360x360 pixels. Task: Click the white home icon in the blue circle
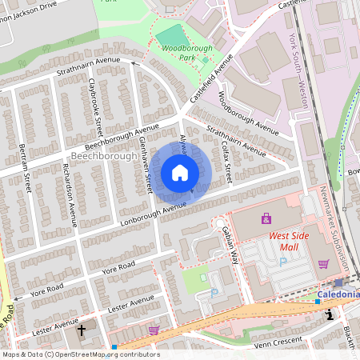click(x=180, y=173)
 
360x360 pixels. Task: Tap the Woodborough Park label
click(x=186, y=53)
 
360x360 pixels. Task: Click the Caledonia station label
click(x=338, y=294)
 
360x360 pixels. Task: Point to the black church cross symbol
click(x=81, y=330)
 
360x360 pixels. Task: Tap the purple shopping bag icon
click(x=266, y=218)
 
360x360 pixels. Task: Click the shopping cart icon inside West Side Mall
click(x=324, y=264)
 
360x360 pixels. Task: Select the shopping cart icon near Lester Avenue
click(x=154, y=330)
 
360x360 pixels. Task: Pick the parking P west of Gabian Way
click(x=213, y=294)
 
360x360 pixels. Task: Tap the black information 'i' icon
click(x=329, y=315)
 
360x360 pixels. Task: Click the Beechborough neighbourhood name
click(x=102, y=156)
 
